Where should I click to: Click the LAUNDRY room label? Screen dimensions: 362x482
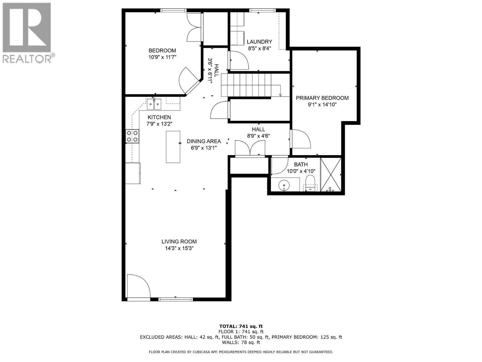[x=259, y=42]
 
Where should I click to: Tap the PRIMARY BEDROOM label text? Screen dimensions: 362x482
[x=322, y=98]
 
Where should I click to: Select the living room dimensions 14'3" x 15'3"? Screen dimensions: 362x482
[x=179, y=248]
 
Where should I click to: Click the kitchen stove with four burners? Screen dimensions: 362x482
[x=132, y=136]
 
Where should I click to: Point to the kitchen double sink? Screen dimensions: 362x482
[x=154, y=104]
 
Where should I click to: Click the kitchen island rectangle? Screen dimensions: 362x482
[x=173, y=147]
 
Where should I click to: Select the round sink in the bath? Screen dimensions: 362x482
[x=284, y=185]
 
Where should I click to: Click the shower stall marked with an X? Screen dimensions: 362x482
[x=331, y=174]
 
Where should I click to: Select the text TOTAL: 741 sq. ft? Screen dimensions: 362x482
[x=241, y=326]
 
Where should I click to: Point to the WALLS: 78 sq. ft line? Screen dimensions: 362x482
[x=241, y=342]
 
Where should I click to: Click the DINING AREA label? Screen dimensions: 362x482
[x=204, y=141]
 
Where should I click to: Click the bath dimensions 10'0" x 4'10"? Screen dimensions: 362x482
[x=301, y=171]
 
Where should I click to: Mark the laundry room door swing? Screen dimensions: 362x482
[x=239, y=60]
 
